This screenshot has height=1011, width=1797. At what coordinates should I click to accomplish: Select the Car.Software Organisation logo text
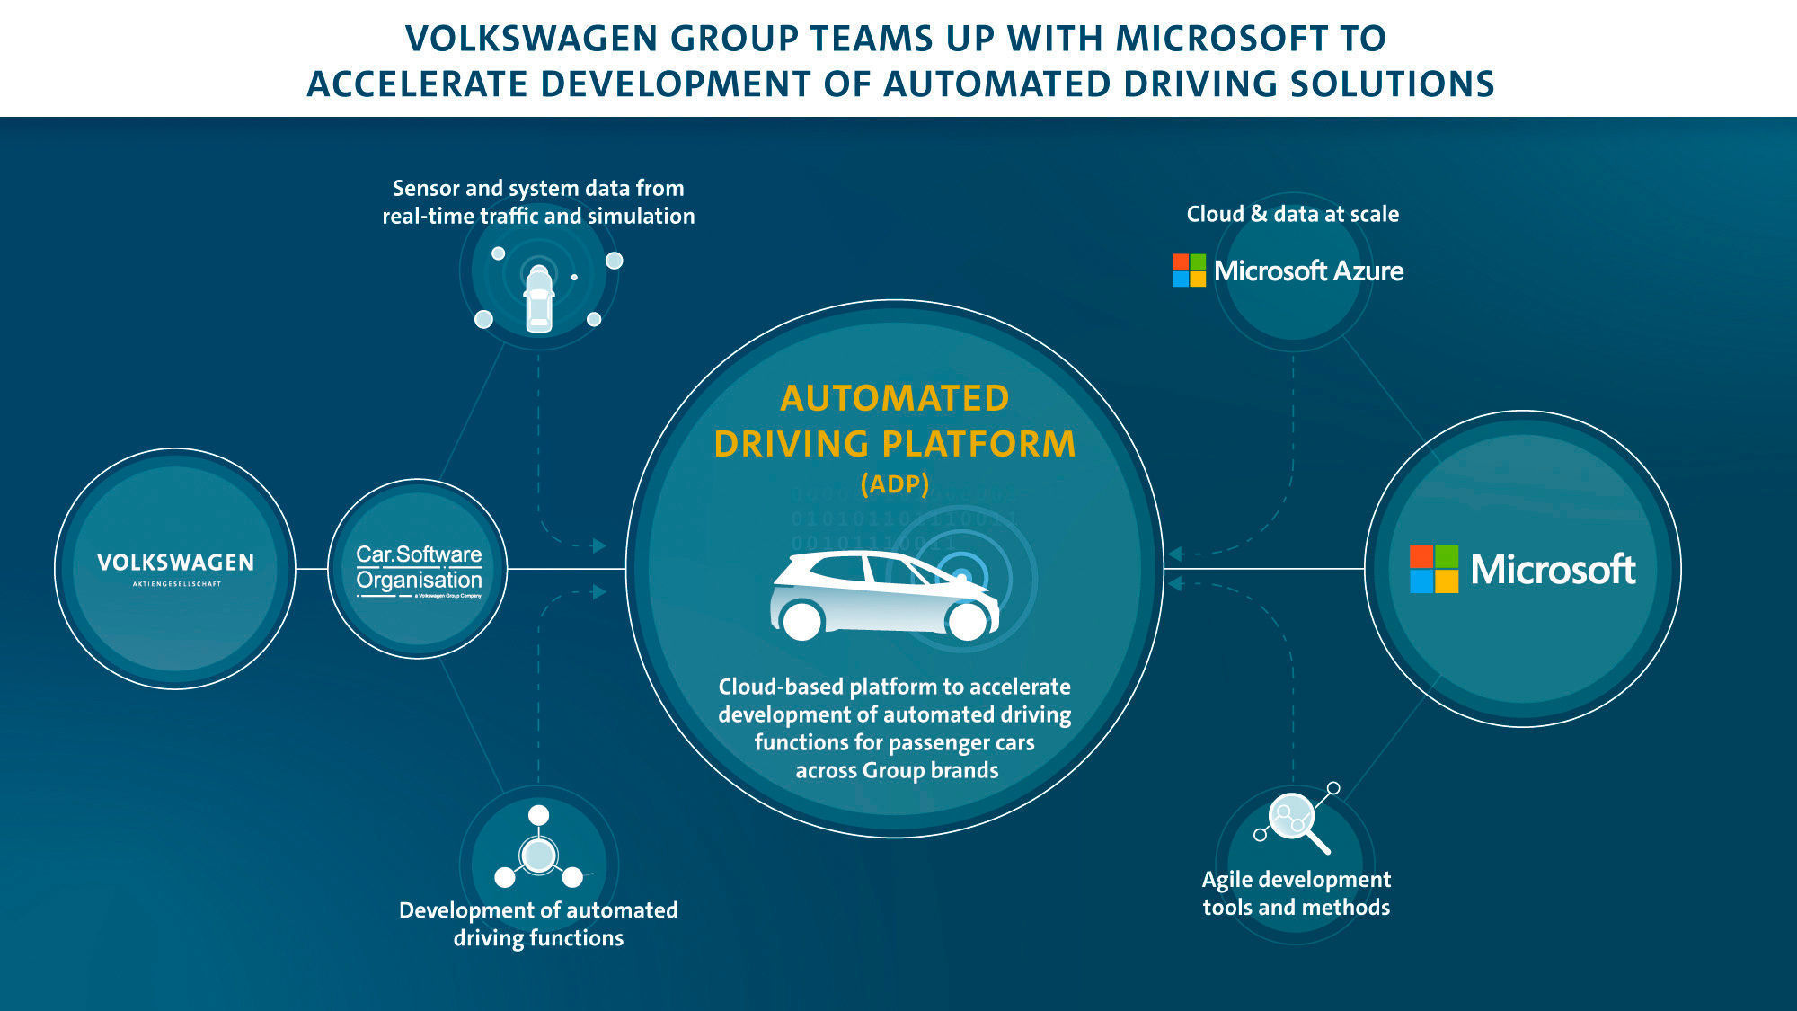tap(419, 568)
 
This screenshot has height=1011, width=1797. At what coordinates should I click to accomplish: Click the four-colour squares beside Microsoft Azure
tap(1189, 270)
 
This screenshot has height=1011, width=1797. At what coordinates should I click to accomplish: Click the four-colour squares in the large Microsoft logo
tap(1433, 569)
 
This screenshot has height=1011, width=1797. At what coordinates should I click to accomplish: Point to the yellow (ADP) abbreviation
tap(894, 484)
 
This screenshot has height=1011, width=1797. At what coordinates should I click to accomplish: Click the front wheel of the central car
tap(968, 621)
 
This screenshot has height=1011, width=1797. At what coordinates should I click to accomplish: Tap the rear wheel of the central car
tap(801, 621)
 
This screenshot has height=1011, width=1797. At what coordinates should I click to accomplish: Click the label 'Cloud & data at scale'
tap(1292, 214)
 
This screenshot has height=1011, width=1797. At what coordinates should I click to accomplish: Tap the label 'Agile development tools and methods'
tap(1296, 893)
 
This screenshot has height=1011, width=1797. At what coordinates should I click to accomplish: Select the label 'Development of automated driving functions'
tap(538, 924)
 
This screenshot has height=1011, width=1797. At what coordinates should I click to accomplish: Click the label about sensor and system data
tap(538, 202)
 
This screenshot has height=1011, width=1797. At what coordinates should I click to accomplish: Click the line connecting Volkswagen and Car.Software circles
tap(311, 569)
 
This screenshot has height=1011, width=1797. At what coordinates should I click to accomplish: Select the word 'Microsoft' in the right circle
tap(1553, 569)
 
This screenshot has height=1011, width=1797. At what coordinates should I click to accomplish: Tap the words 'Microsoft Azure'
tap(1308, 270)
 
